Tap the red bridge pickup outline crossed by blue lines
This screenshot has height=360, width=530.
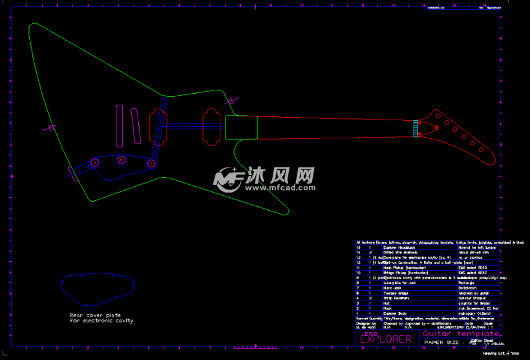click(x=158, y=125)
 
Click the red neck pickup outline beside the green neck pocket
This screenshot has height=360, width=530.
click(x=211, y=125)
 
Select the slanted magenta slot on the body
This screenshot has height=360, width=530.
click(x=136, y=125)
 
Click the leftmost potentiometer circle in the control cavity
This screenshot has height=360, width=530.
click(x=94, y=163)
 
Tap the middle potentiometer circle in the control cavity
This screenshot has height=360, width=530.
click(x=121, y=160)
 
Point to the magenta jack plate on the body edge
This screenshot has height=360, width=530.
click(x=73, y=173)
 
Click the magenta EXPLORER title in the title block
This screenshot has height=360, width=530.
click(x=385, y=339)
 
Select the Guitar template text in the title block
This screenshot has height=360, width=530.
click(x=461, y=334)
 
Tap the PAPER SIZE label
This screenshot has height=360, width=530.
click(x=443, y=343)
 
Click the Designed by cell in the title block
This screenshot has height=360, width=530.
click(x=366, y=323)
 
